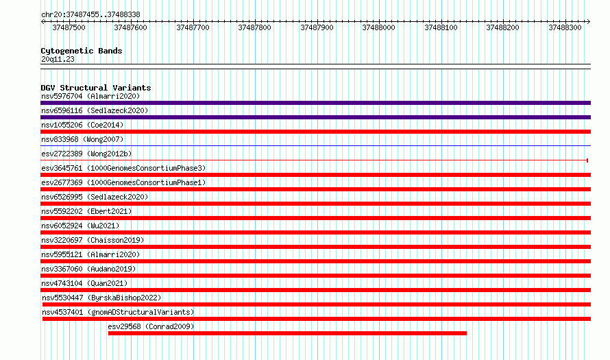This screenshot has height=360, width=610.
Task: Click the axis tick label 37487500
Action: [69, 27]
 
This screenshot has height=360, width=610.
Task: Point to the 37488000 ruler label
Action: [378, 27]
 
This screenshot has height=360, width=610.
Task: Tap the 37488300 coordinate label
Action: [565, 27]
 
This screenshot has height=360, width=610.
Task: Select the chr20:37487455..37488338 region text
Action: [90, 15]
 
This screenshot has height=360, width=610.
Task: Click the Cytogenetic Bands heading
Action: [82, 51]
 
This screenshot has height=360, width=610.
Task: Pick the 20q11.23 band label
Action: [58, 59]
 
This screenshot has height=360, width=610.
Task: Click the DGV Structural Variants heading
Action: [96, 88]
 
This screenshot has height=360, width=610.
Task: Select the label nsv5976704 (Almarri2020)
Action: [90, 96]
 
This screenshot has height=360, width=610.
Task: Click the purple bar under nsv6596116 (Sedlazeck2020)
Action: [315, 117]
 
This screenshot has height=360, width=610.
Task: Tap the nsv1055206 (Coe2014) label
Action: [82, 125]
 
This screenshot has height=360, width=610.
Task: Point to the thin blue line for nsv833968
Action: [315, 146]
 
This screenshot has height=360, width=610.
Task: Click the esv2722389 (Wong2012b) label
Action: [86, 154]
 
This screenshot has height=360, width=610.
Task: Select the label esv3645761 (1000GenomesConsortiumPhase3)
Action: [123, 168]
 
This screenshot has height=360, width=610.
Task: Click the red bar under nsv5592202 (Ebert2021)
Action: [315, 218]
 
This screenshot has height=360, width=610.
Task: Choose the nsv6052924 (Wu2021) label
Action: [80, 226]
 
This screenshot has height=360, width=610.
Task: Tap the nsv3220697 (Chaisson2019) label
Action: [93, 240]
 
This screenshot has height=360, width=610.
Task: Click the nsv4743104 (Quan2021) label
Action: [84, 283]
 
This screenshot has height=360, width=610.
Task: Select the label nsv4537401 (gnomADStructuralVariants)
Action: [119, 312]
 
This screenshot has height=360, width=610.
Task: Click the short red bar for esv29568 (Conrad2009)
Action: [287, 333]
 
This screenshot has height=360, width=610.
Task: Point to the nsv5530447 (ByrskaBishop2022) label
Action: [101, 298]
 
